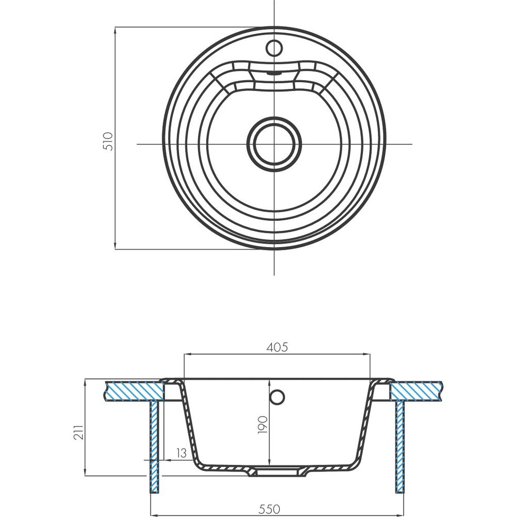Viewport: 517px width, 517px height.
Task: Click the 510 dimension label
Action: pos(108,141)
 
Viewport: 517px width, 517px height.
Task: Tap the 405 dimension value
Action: pos(277,347)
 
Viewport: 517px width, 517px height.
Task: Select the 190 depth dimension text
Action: pos(263,424)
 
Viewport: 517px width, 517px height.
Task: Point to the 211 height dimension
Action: pos(79,432)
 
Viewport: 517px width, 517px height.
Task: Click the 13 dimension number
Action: pos(181,453)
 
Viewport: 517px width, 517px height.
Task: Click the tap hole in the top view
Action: pos(275,48)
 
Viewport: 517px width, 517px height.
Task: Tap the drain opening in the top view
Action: pos(275,144)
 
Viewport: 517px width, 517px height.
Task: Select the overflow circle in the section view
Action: pos(277,397)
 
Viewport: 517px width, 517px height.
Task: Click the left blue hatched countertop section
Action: pos(134,391)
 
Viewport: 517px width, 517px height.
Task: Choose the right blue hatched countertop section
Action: pos(416,391)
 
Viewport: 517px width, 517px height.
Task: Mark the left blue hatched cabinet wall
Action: pos(154,447)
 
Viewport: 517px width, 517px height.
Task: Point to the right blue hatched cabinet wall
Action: pos(400,447)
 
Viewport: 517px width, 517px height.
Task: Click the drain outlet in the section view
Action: pos(278,472)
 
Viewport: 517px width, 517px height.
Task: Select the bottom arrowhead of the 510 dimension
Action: pos(115,246)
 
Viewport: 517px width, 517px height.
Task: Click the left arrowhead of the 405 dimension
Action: pos(187,355)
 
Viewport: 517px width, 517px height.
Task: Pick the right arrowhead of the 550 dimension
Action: pos(401,515)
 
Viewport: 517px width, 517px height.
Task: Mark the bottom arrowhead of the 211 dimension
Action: pos(85,473)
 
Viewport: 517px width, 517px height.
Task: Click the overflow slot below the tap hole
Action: pos(275,73)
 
